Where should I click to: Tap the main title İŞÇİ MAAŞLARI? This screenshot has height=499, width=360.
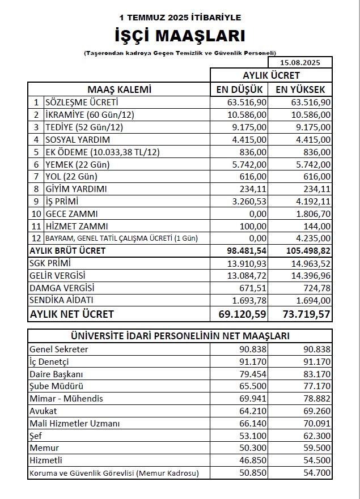coord(180,36)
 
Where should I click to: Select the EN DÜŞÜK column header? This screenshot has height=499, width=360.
coord(240,89)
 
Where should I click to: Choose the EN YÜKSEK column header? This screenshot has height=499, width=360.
coord(300,89)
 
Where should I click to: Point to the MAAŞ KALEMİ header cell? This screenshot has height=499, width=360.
coord(119,89)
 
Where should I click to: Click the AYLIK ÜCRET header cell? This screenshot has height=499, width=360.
coord(271,75)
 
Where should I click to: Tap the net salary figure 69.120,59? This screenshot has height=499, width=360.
coord(243,314)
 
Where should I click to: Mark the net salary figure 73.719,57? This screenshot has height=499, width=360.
coord(303,314)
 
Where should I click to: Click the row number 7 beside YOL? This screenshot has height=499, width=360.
coord(36,177)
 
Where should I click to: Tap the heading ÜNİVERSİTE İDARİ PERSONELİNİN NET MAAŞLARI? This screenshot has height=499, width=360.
coord(180,336)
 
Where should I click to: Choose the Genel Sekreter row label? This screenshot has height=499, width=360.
coord(58,349)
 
